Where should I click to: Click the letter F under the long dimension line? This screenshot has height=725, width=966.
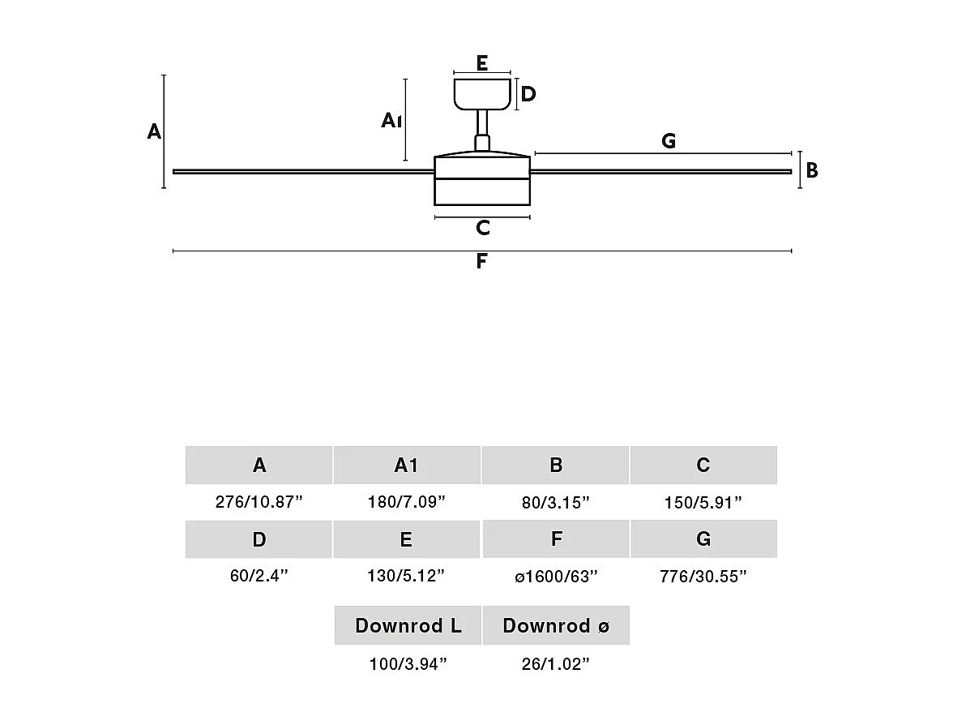(481, 261)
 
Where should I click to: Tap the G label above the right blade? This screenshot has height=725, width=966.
(669, 141)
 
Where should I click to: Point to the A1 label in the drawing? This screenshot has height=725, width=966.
(391, 121)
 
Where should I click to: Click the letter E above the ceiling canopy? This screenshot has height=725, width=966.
(482, 62)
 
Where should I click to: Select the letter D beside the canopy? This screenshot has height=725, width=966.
(528, 94)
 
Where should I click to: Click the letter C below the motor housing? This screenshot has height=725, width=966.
(483, 228)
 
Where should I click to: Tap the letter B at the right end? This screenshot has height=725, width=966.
(811, 171)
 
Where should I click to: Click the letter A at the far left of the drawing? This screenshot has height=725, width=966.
(154, 131)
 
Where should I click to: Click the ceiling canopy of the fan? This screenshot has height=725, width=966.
(482, 93)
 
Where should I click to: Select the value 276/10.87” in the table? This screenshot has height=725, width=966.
(259, 502)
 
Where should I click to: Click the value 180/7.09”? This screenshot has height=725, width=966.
(406, 502)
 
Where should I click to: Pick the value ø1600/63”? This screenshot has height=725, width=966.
(556, 577)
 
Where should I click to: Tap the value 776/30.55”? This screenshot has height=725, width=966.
(703, 577)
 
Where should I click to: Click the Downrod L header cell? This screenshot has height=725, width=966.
(408, 625)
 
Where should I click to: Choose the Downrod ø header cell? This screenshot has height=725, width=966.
(556, 625)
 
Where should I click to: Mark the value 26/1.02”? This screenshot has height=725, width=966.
(556, 665)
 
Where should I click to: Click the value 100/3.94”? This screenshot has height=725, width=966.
(408, 665)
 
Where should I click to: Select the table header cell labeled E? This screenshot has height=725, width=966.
(406, 539)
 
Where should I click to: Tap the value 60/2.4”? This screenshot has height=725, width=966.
(259, 577)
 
